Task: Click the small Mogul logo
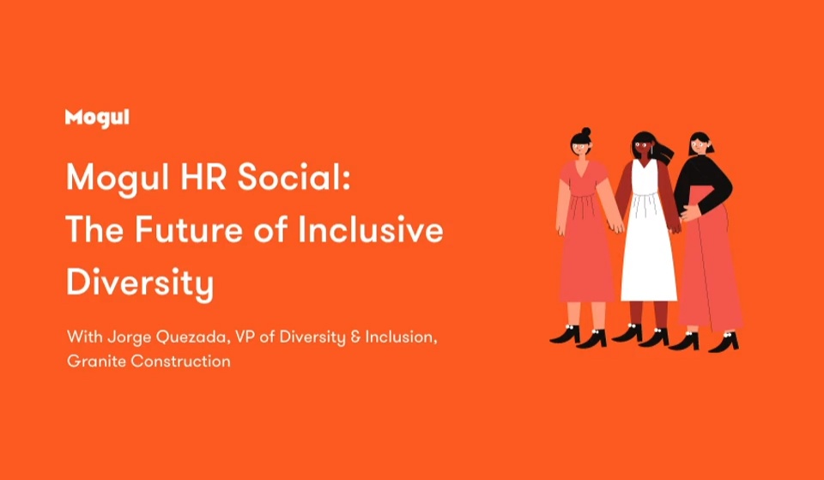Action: click(97, 118)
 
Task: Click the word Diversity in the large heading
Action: click(140, 284)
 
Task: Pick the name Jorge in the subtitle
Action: click(124, 337)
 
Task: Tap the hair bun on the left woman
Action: click(586, 131)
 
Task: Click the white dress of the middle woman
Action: click(648, 237)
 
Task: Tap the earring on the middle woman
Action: click(652, 150)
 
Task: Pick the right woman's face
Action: click(700, 145)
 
